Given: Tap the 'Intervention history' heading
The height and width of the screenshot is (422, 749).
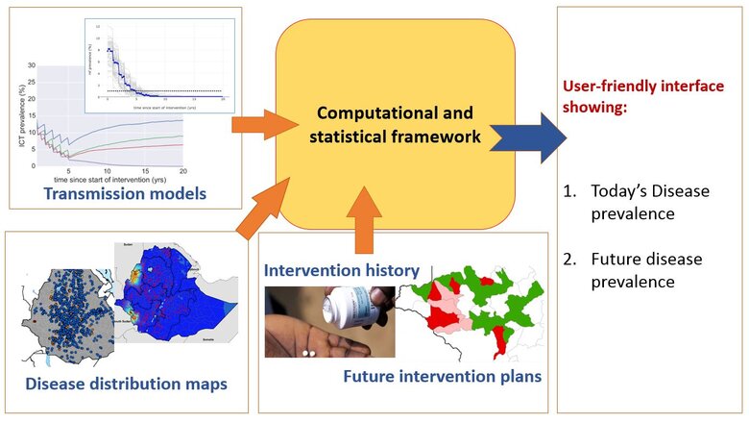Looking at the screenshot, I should pyautogui.click(x=341, y=271).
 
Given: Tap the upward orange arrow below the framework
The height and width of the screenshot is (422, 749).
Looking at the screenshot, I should pyautogui.click(x=368, y=229).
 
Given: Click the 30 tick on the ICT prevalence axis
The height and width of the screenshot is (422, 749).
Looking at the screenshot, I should pyautogui.click(x=31, y=65).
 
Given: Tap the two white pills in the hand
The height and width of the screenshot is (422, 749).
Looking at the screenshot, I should pyautogui.click(x=309, y=353).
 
